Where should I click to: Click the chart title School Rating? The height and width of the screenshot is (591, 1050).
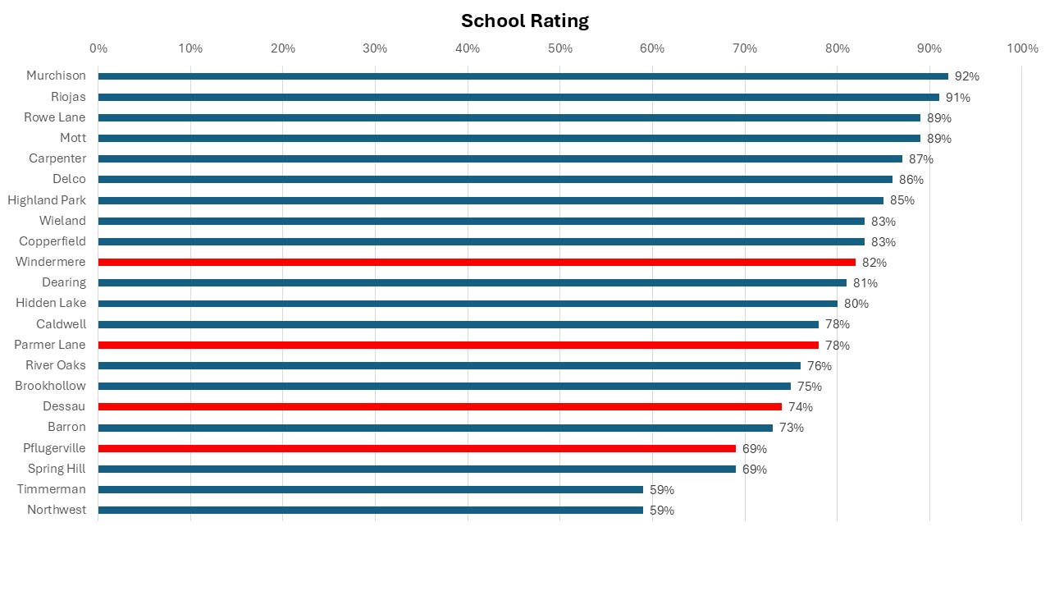(525, 21)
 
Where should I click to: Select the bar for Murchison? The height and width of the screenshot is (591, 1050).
(523, 76)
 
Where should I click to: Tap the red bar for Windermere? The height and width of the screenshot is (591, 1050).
(476, 262)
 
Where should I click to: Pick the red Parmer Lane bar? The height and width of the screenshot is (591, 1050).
(458, 345)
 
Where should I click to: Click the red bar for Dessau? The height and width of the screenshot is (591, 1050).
(440, 406)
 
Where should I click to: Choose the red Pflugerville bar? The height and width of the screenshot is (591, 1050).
(417, 448)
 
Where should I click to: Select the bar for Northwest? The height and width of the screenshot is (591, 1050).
(370, 510)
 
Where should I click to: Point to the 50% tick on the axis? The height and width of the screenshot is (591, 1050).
(560, 48)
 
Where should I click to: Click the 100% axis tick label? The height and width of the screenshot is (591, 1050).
(1021, 48)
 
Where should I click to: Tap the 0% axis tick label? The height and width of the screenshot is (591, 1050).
(98, 48)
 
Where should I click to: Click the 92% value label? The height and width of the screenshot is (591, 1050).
(967, 76)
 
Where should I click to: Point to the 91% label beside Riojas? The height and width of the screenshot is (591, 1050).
(958, 98)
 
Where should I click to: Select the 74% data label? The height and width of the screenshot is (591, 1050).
(801, 407)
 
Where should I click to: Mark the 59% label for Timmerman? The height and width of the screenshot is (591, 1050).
(662, 490)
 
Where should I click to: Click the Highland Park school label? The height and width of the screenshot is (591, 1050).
(47, 200)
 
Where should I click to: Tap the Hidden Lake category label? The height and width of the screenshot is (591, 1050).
(51, 303)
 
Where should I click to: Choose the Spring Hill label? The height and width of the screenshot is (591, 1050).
(57, 469)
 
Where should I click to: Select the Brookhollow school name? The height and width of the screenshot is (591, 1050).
(50, 386)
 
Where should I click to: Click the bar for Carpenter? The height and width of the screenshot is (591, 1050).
(500, 158)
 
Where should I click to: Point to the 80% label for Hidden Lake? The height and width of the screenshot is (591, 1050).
(856, 304)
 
